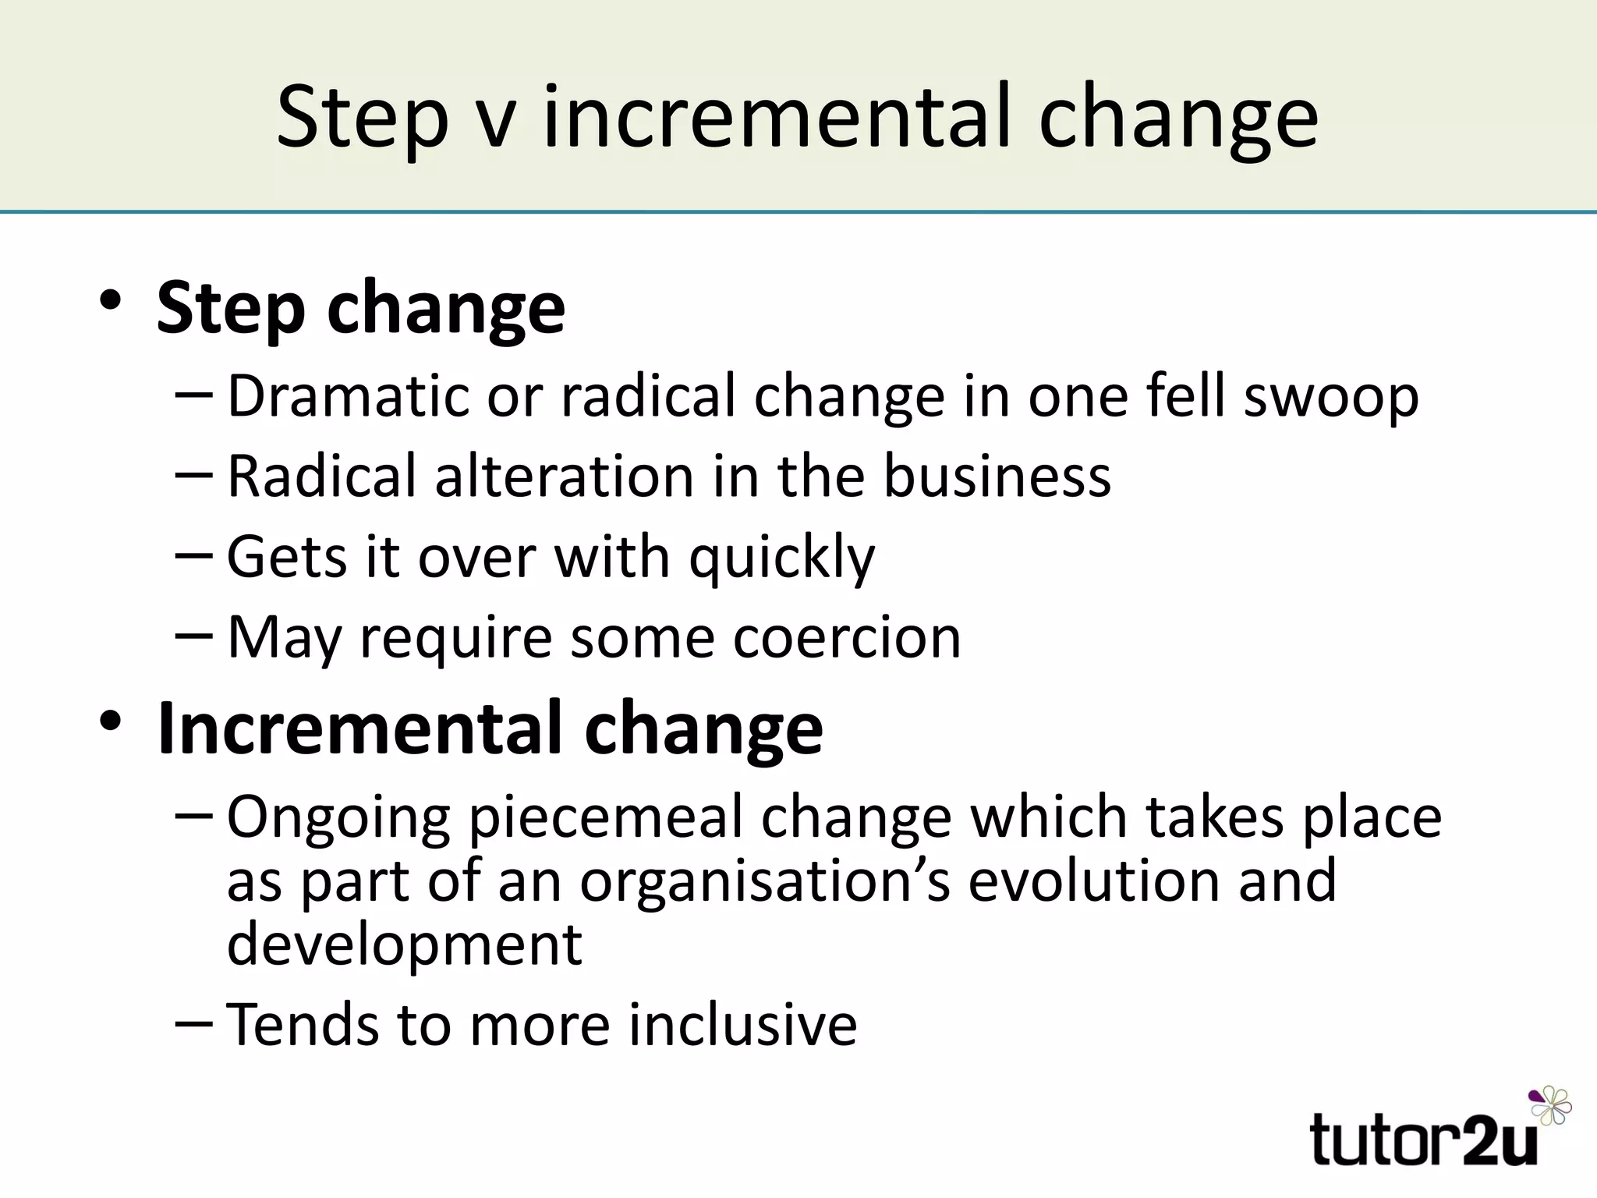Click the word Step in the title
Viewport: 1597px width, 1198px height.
pos(363,119)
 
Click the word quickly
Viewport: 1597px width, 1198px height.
pos(782,558)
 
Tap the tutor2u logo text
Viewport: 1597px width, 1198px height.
pos(1424,1140)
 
